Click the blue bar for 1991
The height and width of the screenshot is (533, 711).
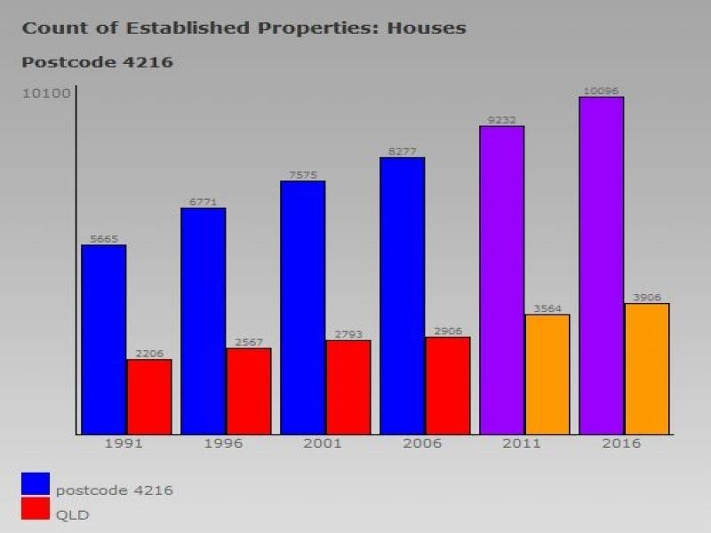point(103,339)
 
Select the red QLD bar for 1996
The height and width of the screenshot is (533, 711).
point(249,391)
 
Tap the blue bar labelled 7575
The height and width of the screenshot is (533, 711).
point(302,307)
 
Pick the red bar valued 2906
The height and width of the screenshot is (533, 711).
point(448,386)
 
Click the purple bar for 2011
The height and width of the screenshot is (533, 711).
point(501,280)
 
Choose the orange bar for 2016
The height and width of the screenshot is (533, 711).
point(647,369)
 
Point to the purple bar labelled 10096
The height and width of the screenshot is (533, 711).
point(601,265)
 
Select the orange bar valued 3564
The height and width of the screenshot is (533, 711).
point(547,374)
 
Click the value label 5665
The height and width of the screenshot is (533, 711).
point(104,239)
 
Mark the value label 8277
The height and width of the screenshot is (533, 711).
point(402,152)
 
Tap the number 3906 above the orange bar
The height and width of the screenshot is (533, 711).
point(647,298)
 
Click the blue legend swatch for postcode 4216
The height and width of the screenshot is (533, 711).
point(36,483)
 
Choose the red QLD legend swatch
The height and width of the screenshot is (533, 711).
point(36,508)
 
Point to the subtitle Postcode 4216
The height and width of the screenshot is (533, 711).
point(97,62)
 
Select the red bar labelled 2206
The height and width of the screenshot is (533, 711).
point(149,396)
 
